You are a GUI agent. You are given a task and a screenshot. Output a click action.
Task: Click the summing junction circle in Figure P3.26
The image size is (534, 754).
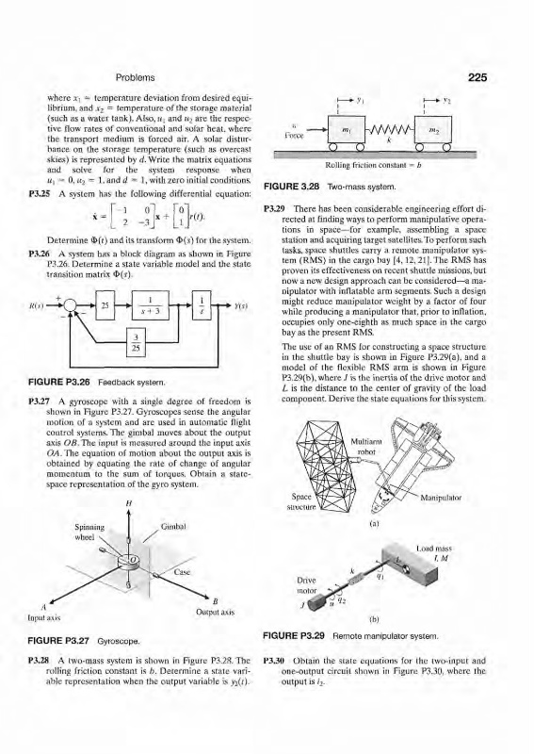click(71, 304)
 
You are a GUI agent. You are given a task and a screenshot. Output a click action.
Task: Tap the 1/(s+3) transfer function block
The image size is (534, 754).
click(151, 304)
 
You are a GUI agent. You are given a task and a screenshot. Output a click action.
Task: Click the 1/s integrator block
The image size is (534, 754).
click(202, 304)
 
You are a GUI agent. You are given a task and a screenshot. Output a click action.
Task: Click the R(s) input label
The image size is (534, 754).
click(36, 305)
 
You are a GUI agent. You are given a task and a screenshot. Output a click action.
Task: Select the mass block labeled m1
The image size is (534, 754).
click(344, 130)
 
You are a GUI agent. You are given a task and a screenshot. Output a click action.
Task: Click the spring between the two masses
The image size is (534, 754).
click(387, 129)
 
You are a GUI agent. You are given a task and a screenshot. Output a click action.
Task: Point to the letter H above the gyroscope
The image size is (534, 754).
click(128, 505)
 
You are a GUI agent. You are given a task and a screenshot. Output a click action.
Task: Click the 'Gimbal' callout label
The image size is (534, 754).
click(171, 527)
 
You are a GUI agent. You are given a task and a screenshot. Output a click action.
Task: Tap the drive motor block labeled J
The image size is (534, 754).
click(318, 601)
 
